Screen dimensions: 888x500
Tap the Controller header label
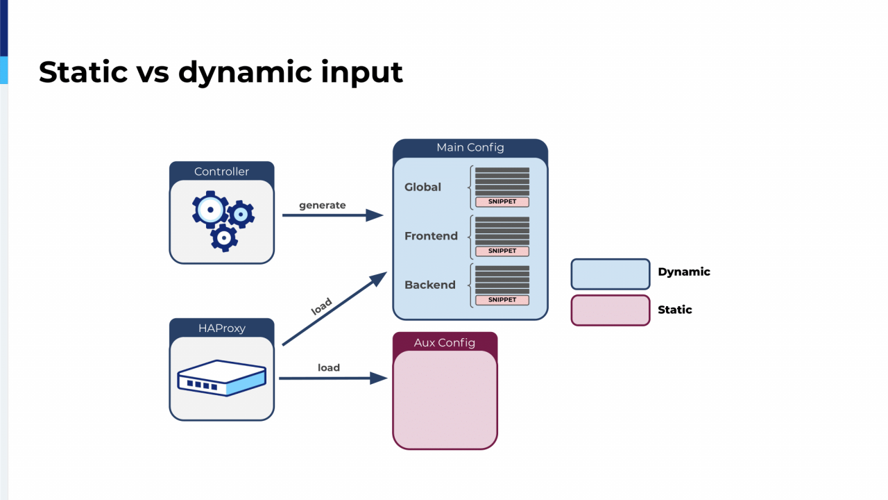point(221,172)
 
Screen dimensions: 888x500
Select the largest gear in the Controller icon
point(210,210)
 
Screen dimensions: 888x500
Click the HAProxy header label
point(221,328)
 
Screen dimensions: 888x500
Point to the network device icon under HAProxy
point(221,378)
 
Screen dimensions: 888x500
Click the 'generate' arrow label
point(323,206)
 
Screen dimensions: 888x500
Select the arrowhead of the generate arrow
point(374,215)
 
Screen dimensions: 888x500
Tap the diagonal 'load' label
point(321,306)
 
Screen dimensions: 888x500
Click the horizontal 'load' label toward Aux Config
point(329,368)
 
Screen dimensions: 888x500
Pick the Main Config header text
point(470,148)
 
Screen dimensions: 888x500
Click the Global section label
point(422,187)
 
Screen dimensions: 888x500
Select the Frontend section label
point(431,236)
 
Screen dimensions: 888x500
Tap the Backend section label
point(429,285)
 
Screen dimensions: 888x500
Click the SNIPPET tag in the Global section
point(502,201)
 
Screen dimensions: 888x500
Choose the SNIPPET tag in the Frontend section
point(502,251)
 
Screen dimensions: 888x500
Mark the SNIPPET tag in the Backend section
point(502,299)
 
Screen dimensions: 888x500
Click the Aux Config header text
point(445,342)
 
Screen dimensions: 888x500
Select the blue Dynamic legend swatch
point(610,274)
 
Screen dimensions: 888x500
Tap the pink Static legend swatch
point(610,310)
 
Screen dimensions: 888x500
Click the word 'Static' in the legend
point(675,310)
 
